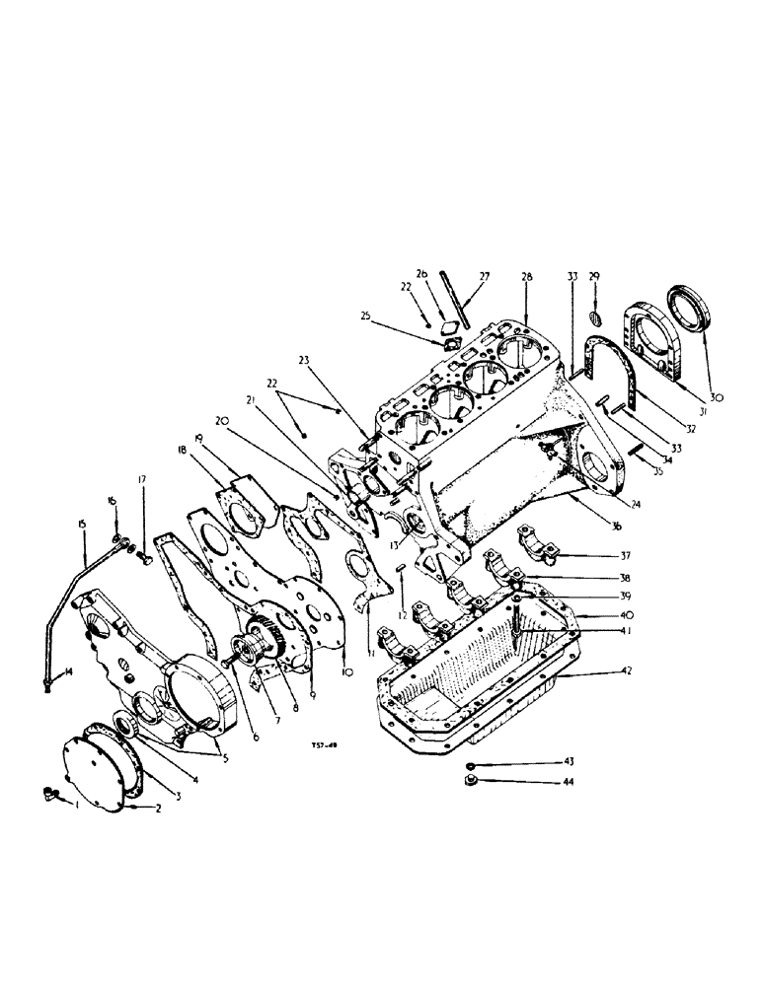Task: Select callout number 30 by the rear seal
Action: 716,396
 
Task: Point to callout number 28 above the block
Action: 526,277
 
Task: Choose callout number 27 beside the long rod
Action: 484,277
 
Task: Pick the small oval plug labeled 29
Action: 594,316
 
